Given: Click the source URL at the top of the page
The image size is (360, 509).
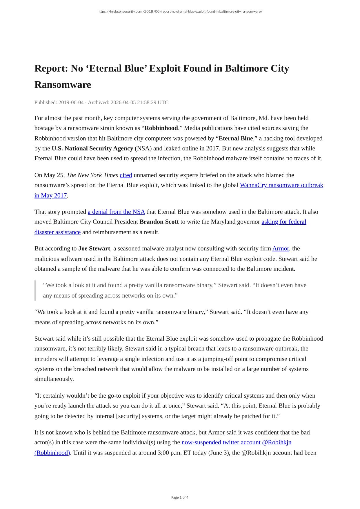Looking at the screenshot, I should pyautogui.click(x=180, y=12).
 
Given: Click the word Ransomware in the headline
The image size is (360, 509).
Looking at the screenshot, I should pyautogui.click(x=63, y=85).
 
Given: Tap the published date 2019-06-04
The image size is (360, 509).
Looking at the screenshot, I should pyautogui.click(x=71, y=102).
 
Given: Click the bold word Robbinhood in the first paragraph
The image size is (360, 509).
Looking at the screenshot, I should pyautogui.click(x=161, y=128).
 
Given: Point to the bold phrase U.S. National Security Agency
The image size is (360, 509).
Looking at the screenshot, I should pyautogui.click(x=92, y=148).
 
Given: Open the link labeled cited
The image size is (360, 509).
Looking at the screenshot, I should pyautogui.click(x=126, y=175).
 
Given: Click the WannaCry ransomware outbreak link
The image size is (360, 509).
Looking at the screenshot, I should pyautogui.click(x=281, y=185).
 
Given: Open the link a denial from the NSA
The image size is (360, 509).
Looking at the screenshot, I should pyautogui.click(x=116, y=212).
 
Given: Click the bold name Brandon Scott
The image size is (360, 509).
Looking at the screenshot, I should pyautogui.click(x=159, y=222).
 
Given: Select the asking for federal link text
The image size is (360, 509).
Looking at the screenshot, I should pyautogui.click(x=284, y=222).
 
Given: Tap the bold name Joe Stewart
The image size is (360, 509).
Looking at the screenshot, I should pyautogui.click(x=94, y=249).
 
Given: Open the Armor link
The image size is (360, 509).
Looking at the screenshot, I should pyautogui.click(x=280, y=249).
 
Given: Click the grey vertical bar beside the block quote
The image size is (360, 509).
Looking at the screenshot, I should pyautogui.click(x=35, y=290).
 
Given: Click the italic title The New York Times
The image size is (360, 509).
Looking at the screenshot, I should pyautogui.click(x=92, y=175).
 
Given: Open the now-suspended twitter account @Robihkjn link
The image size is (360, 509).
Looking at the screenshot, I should pyautogui.click(x=236, y=443).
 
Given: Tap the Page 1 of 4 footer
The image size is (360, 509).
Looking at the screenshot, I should pyautogui.click(x=180, y=497).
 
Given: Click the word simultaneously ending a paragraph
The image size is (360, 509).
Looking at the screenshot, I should pyautogui.click(x=54, y=379).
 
